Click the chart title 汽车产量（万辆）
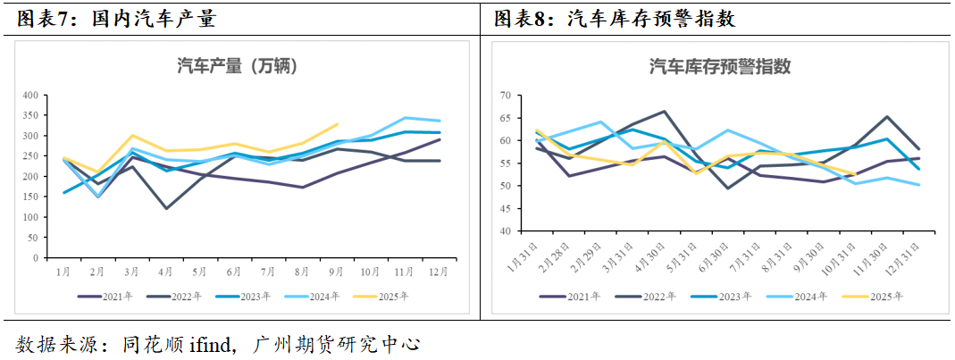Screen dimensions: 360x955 click(x=237, y=65)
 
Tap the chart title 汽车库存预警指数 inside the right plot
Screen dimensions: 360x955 click(x=720, y=66)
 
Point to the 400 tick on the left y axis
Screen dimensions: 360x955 click(x=30, y=96)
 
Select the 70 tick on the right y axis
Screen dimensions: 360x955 click(x=505, y=96)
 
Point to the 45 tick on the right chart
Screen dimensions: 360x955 click(x=505, y=209)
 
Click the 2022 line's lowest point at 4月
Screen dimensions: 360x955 click(x=166, y=208)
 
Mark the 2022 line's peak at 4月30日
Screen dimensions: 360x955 click(x=665, y=112)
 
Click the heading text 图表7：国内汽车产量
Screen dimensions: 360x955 click(x=116, y=20)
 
